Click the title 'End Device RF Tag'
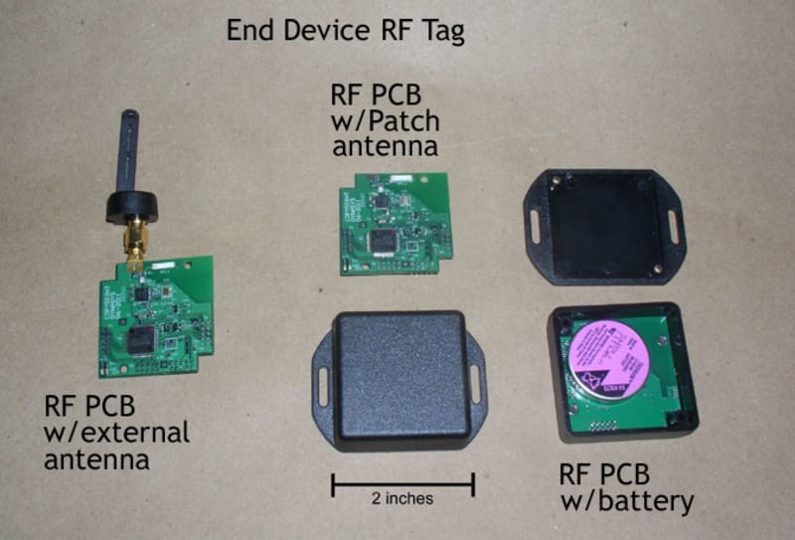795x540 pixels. tap(345, 30)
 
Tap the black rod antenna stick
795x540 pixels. tap(127, 148)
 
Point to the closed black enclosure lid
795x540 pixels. tap(399, 379)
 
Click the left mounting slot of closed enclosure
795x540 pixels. tap(325, 377)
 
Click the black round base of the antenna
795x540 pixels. tap(128, 208)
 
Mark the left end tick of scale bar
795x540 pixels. tap(332, 485)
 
